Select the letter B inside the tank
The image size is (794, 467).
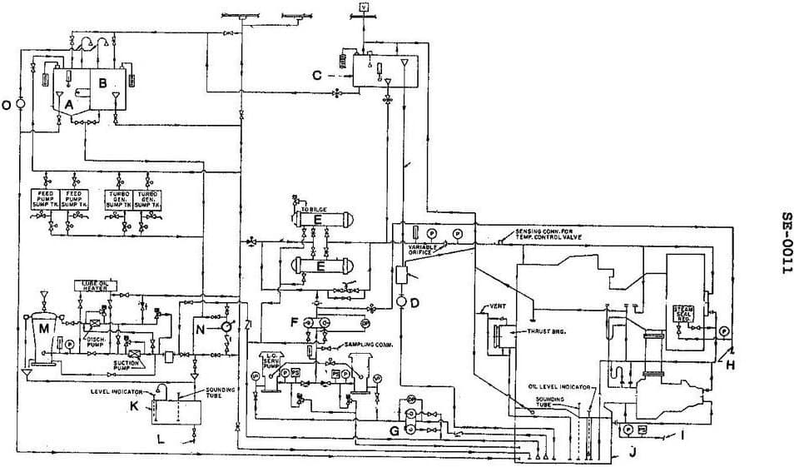(x=103, y=82)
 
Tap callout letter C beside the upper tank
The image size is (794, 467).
(x=317, y=75)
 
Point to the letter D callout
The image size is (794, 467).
(x=425, y=301)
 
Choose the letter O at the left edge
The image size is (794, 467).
(x=7, y=105)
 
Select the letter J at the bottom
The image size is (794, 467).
(x=633, y=452)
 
